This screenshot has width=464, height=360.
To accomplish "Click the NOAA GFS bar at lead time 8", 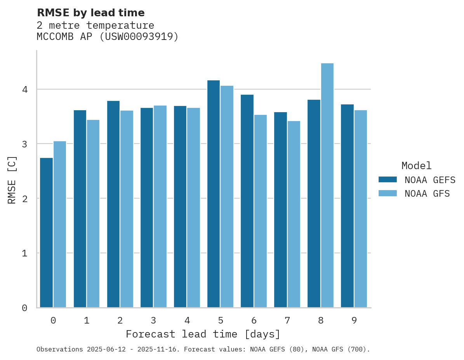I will (x=327, y=185).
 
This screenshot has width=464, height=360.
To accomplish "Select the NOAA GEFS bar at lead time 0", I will (x=46, y=233).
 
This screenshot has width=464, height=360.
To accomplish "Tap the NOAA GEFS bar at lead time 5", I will (x=214, y=194).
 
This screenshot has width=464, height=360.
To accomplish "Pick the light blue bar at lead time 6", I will (x=261, y=211).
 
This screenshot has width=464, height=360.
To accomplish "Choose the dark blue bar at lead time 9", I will (x=347, y=206).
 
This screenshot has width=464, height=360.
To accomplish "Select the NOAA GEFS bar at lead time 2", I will (x=113, y=204).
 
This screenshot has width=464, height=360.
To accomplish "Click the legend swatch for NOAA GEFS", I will (x=388, y=180).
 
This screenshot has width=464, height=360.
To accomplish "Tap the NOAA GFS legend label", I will (x=427, y=194).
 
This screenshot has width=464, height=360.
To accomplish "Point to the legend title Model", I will (x=416, y=166).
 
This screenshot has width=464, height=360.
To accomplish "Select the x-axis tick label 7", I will (x=287, y=320).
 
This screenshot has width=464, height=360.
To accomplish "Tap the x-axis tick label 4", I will (x=187, y=320).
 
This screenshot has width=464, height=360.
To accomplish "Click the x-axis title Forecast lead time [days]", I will (x=203, y=334).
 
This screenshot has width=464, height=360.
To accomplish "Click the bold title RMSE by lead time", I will (x=90, y=13).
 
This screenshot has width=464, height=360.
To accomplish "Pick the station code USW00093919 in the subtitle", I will (x=139, y=37).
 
